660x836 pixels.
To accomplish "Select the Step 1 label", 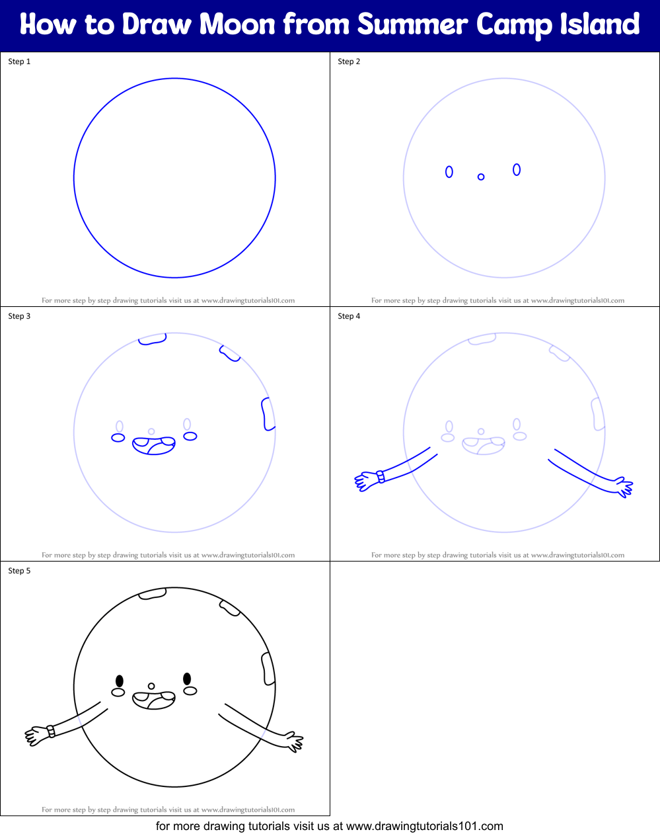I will [x=19, y=62].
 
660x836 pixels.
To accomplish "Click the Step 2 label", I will [x=349, y=62].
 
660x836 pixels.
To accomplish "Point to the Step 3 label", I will [x=19, y=316].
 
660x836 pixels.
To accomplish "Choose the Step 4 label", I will [x=349, y=316].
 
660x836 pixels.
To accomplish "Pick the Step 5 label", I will [x=19, y=571].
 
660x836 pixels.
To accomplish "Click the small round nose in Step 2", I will [x=481, y=177].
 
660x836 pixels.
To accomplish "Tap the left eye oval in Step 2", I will [x=449, y=172].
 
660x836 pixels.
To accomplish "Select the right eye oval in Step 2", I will [x=517, y=170].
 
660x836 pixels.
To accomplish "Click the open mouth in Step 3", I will [x=154, y=445].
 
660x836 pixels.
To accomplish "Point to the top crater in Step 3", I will [x=153, y=339].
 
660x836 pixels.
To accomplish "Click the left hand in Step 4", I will [x=364, y=481].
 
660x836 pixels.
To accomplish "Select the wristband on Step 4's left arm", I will [x=381, y=477].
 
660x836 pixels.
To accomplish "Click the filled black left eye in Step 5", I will [x=120, y=681].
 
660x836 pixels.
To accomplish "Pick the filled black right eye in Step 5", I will [x=187, y=679].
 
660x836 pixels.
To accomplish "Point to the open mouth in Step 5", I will [x=154, y=700].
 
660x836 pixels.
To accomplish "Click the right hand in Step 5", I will [x=294, y=742].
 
